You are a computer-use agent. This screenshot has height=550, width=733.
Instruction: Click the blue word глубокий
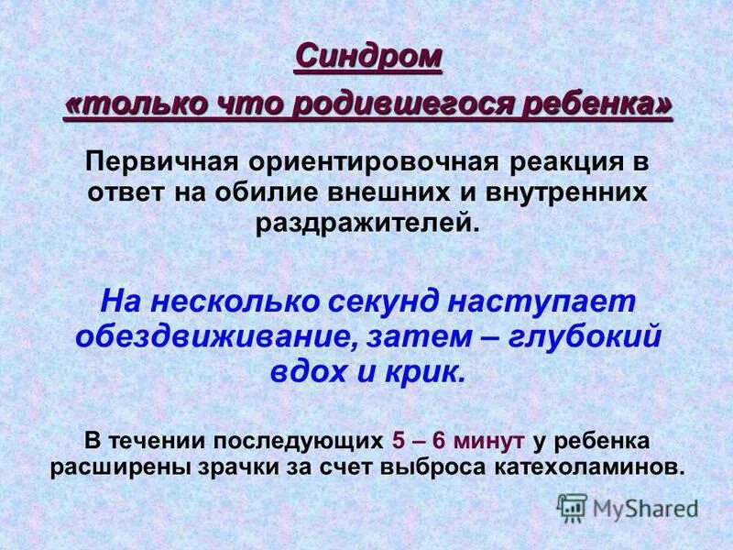tap(586, 336)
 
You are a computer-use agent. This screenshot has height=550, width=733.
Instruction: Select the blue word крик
tap(428, 371)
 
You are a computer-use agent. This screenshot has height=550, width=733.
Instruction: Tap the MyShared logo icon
tap(573, 507)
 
